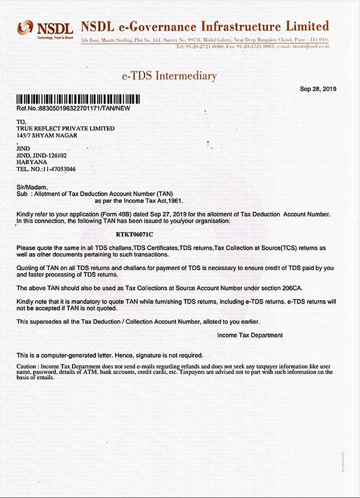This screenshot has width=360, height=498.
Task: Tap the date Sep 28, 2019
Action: point(318,89)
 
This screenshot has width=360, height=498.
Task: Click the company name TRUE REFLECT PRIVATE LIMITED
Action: point(66,128)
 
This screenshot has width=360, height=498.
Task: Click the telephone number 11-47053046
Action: point(58,169)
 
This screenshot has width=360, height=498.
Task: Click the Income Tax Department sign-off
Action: point(250,335)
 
